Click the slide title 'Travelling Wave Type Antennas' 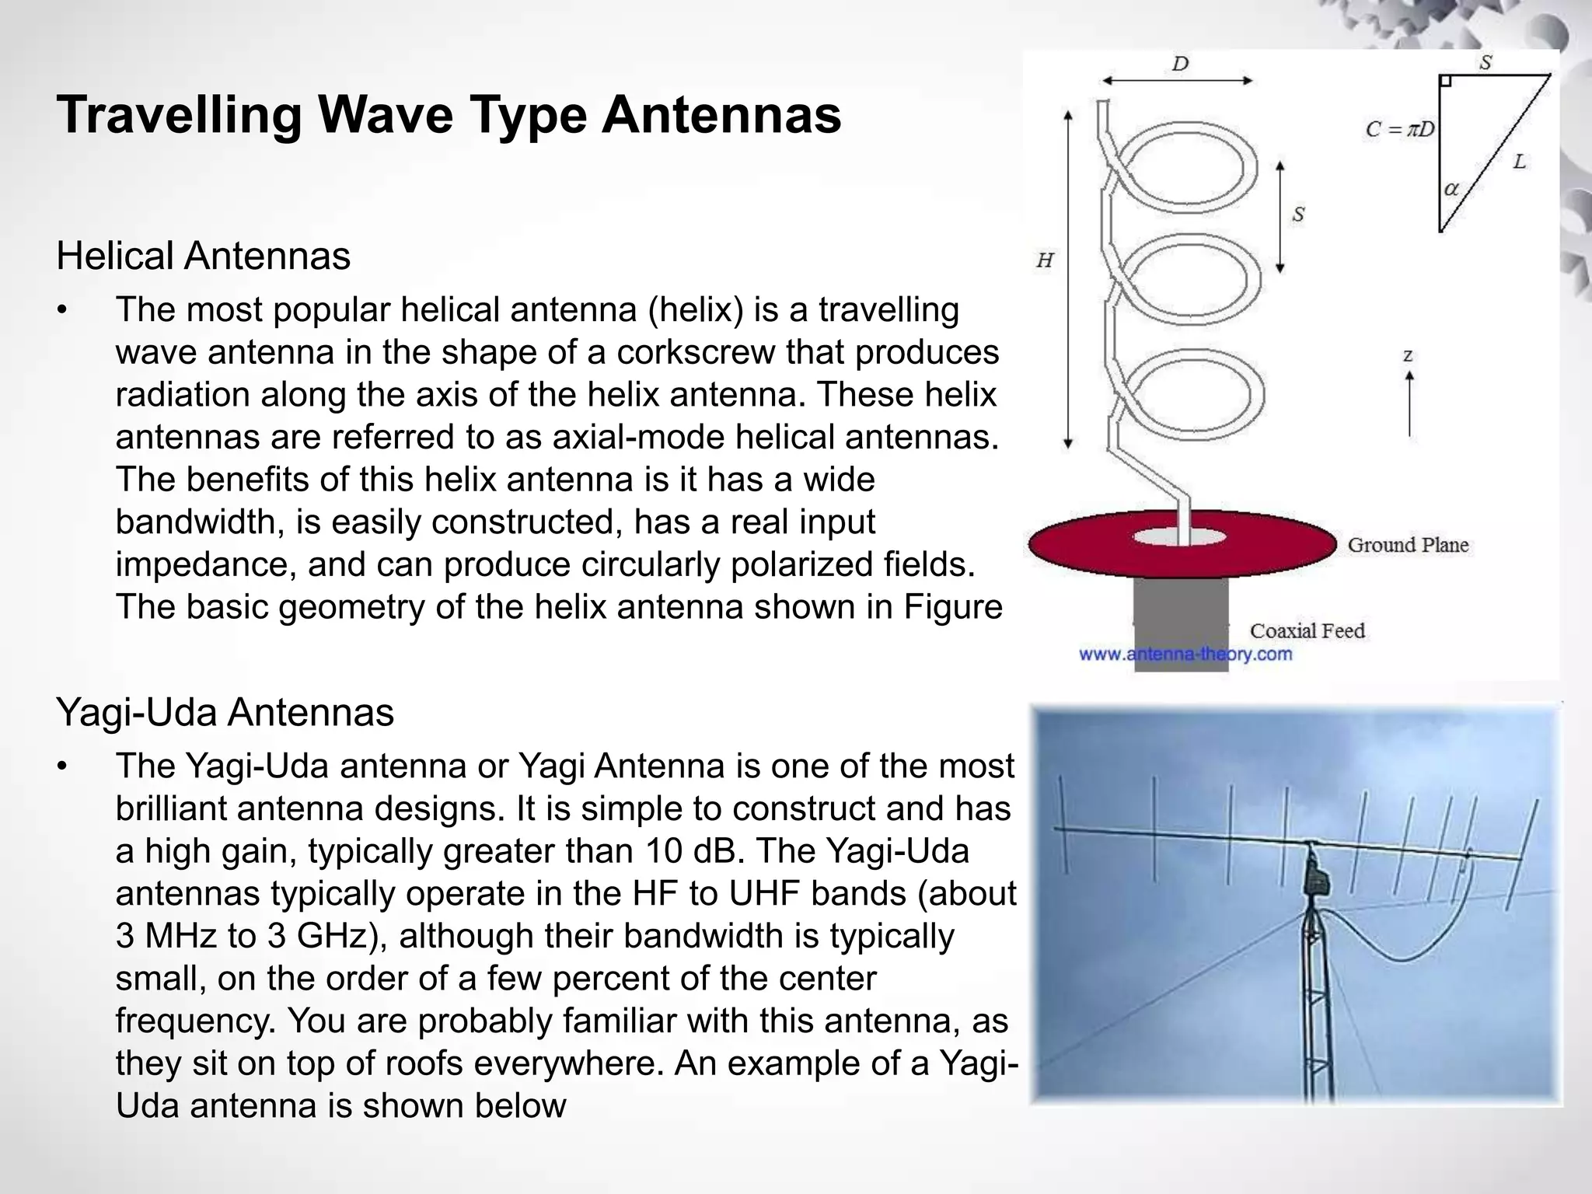pos(449,115)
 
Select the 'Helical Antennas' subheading pos(204,256)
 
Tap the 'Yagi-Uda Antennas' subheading pos(225,712)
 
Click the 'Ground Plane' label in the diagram pos(1408,545)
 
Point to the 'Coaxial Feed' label pos(1307,630)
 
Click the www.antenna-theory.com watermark pos(1185,654)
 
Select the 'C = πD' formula pos(1400,130)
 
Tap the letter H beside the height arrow pos(1045,261)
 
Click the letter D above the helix pos(1180,64)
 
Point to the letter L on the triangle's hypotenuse pos(1519,162)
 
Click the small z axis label pos(1408,356)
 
